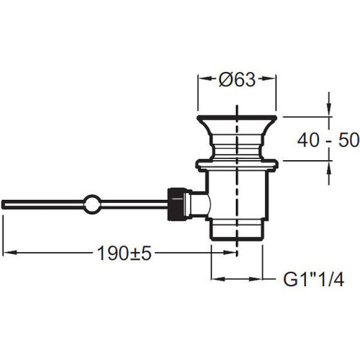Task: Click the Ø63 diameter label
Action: [237, 79]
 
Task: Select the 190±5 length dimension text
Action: [124, 253]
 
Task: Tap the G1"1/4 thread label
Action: [313, 279]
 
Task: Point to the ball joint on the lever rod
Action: [92, 204]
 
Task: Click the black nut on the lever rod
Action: [176, 204]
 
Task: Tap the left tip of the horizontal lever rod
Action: [2, 205]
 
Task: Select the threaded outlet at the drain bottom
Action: [236, 230]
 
